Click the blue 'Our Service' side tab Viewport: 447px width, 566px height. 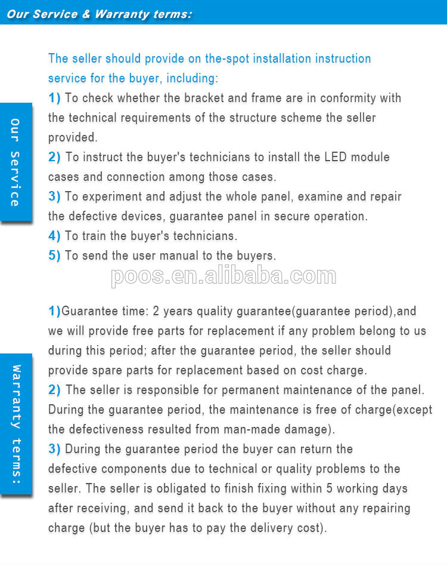15,162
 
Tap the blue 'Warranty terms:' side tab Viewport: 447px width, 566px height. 15,424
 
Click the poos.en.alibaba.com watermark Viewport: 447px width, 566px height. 223,276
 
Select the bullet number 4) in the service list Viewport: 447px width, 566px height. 54,236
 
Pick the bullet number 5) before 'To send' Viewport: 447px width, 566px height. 54,256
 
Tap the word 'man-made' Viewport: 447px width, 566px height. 260,429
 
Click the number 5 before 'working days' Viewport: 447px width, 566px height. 329,488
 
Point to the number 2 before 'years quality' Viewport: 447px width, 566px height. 156,311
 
